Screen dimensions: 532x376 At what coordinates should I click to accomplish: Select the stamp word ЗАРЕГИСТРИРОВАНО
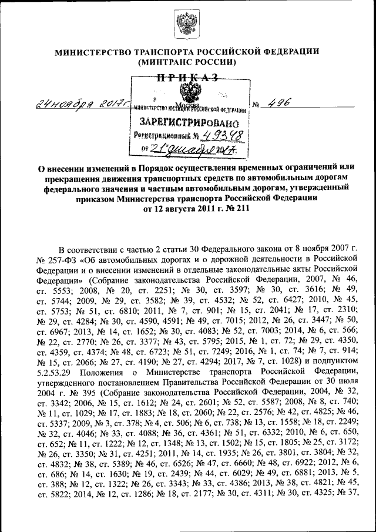pos(189,123)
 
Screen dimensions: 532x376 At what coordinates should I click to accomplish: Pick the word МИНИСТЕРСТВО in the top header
pos(93,51)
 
